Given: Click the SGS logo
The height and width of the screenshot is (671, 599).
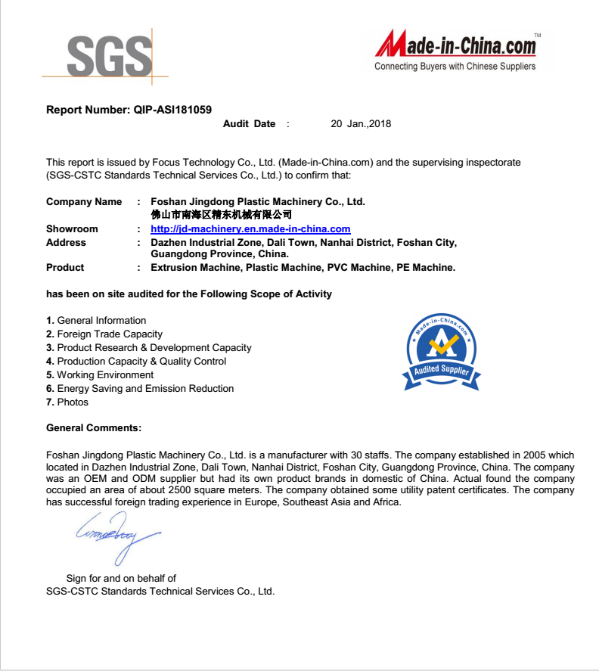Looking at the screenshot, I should click(x=109, y=54).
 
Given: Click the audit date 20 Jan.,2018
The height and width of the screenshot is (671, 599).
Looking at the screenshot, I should click(x=361, y=124).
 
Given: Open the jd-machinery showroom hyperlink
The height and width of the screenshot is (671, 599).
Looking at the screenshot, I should click(x=250, y=229).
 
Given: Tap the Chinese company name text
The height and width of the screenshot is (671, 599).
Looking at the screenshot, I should click(x=222, y=215).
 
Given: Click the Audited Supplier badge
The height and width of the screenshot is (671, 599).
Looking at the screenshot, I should click(x=442, y=353).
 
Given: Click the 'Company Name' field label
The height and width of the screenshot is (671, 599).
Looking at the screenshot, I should click(x=84, y=202).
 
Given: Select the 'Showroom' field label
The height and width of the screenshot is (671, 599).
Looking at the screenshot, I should click(x=72, y=229).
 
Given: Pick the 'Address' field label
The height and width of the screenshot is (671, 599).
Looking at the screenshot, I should click(x=66, y=243).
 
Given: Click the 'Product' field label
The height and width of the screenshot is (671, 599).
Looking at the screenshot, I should click(x=65, y=268).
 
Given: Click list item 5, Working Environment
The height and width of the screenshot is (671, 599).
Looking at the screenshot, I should click(x=100, y=375).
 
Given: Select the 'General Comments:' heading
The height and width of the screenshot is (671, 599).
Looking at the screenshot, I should click(x=94, y=428).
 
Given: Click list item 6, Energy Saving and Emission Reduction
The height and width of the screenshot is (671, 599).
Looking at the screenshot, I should click(x=140, y=389).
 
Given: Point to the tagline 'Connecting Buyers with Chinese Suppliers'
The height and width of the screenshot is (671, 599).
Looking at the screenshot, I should click(x=455, y=67).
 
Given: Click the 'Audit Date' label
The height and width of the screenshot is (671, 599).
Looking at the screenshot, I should click(x=249, y=124).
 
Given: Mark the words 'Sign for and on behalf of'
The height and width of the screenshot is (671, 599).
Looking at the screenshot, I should click(x=121, y=579).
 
